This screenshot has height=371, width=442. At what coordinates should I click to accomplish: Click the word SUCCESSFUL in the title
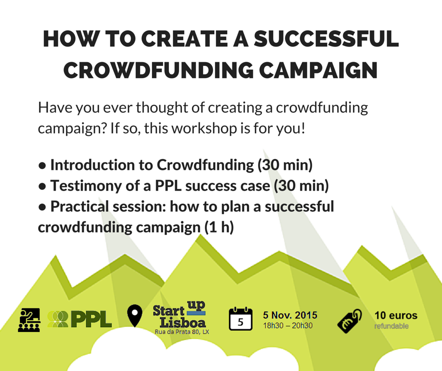326,39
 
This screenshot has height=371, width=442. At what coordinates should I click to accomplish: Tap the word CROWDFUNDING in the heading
159,70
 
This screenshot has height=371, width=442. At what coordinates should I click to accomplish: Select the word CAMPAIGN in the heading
318,70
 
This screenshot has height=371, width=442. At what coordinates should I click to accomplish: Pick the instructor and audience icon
29,320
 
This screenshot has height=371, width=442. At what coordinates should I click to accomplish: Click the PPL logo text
92,319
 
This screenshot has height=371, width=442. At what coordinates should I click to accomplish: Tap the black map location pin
135,315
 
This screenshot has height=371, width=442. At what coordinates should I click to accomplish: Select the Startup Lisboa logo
180,314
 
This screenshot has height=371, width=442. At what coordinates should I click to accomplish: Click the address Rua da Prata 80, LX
182,332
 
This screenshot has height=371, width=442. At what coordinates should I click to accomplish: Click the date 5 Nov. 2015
290,315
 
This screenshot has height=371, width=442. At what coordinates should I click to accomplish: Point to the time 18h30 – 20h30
288,325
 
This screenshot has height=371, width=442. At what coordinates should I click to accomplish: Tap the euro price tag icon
349,321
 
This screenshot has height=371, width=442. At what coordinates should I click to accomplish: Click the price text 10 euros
396,315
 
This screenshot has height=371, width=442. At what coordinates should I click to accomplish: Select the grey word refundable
391,326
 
